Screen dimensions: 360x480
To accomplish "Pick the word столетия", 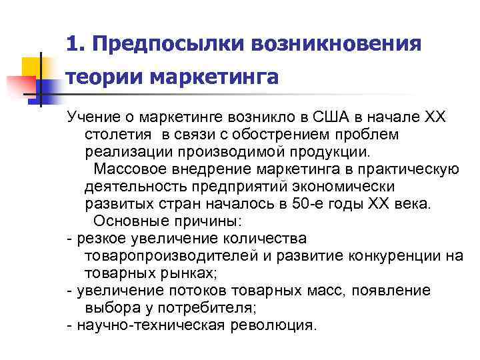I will (115, 135).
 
